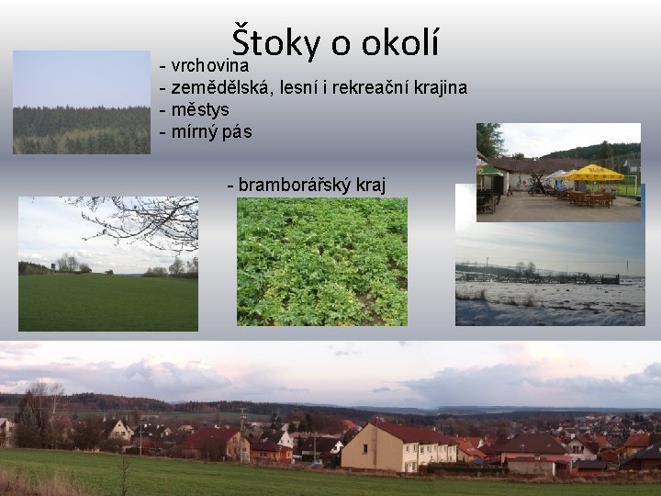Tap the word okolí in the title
point(400,40)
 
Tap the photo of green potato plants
point(321,262)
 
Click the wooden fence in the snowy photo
point(542,278)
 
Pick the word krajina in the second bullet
point(440,88)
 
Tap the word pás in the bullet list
point(236,131)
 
